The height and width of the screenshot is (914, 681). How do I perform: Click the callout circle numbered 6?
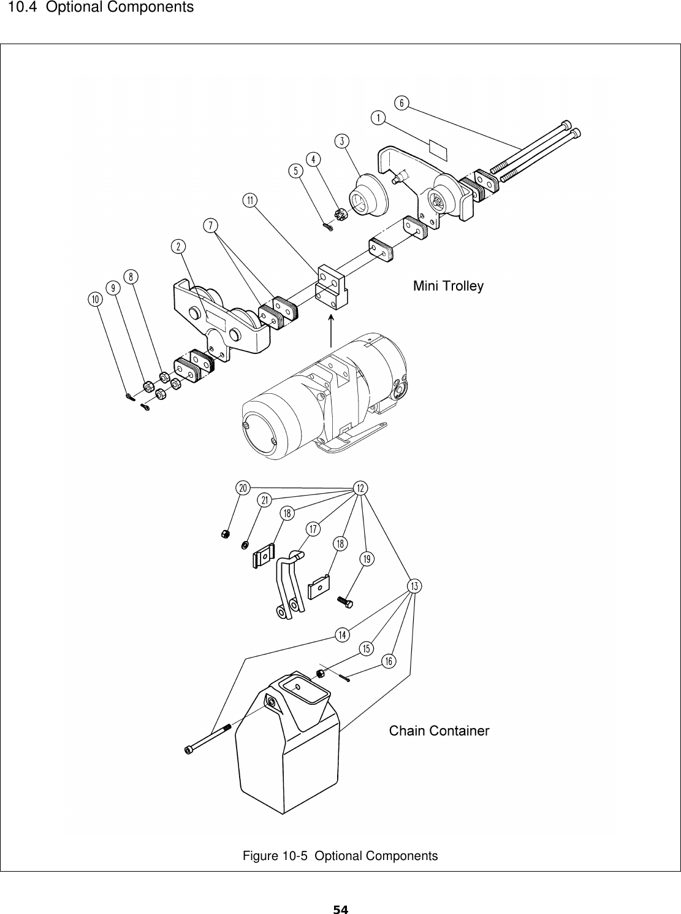pos(401,103)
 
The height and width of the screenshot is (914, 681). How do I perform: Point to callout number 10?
pos(95,299)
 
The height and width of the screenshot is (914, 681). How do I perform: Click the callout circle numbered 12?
pos(360,488)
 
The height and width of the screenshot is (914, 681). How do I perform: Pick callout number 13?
pos(414,586)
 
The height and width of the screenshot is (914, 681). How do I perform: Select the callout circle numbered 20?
pos(243,488)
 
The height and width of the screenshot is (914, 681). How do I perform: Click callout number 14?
pos(343,634)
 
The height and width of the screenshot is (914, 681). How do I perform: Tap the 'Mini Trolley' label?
pos(448,286)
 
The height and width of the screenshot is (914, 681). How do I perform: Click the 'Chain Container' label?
pos(439,731)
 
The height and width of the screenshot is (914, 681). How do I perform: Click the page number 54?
pos(340,908)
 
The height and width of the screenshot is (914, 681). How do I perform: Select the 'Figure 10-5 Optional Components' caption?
pos(340,856)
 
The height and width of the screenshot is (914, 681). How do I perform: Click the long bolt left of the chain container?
pos(208,738)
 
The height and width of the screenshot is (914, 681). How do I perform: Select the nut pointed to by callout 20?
pos(225,534)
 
